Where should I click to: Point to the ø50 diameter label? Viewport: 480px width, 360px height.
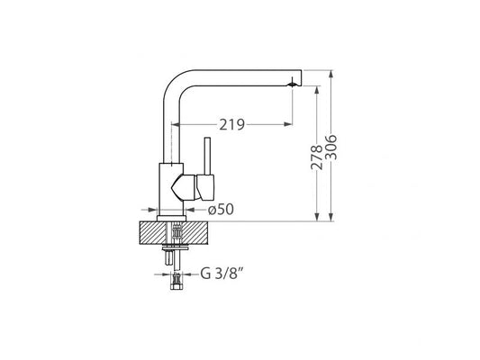pyautogui.click(x=222, y=210)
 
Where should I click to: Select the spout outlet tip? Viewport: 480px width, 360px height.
pyautogui.click(x=292, y=83)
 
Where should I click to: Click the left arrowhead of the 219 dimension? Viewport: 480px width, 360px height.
pyautogui.click(x=183, y=125)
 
